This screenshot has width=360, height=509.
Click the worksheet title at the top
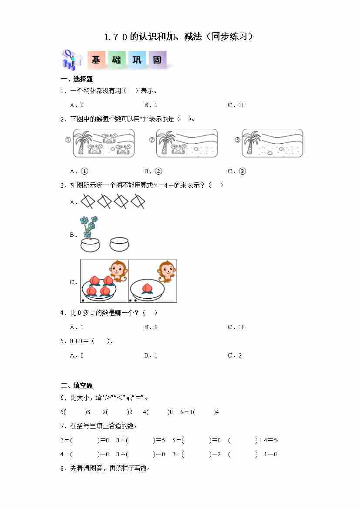[x=179, y=37]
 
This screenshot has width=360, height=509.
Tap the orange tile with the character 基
[x=96, y=60]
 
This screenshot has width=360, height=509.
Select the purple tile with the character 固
[x=158, y=60]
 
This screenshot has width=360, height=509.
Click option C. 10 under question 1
[x=236, y=105]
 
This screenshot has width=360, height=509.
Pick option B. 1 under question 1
[x=151, y=105]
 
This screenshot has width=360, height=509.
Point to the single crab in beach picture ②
[x=179, y=148]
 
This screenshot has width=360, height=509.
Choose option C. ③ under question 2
[x=237, y=171]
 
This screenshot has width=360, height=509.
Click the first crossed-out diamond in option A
[x=87, y=201]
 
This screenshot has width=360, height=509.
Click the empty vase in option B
[x=119, y=244]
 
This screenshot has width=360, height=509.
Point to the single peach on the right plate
[x=148, y=288]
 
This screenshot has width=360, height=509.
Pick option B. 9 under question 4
[x=151, y=327]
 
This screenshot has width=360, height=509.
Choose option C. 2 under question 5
[x=234, y=355]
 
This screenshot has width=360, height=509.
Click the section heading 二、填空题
[x=77, y=385]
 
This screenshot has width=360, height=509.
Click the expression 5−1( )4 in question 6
[x=200, y=412]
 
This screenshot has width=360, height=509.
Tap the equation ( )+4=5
[x=252, y=440]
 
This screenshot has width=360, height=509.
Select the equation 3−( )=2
[x=196, y=454]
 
